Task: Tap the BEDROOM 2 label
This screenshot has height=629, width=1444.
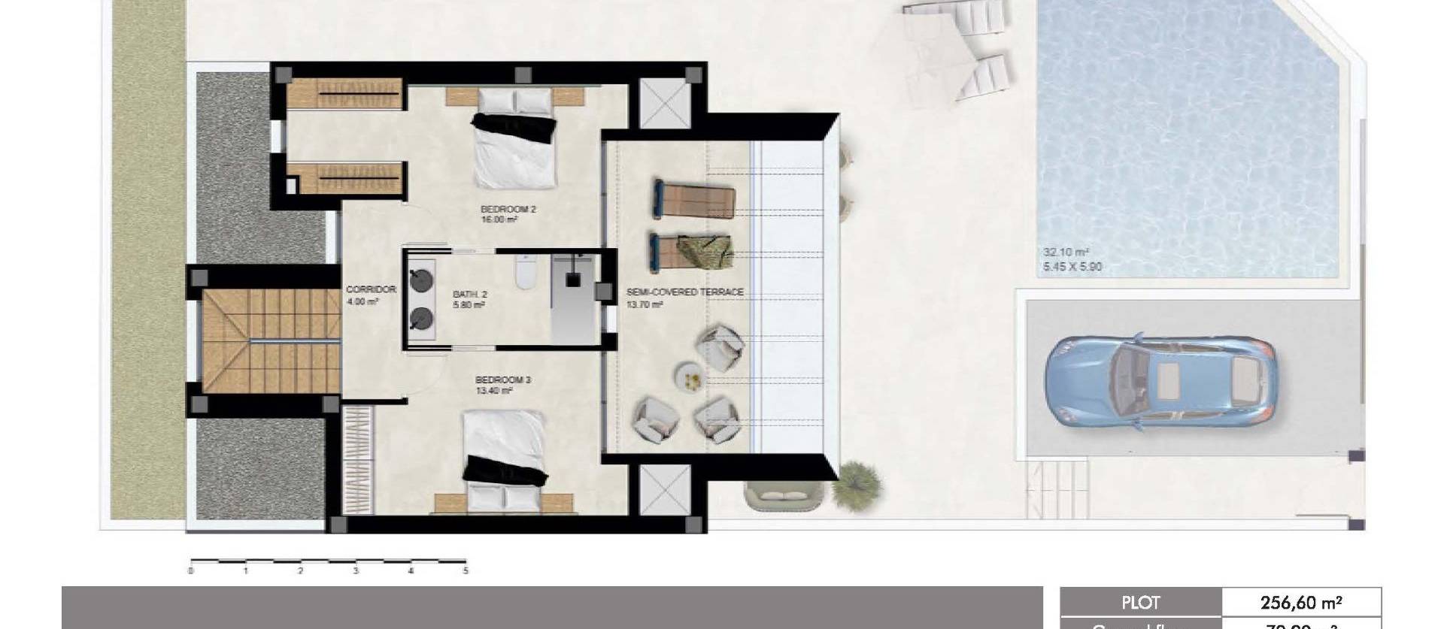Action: tap(508, 210)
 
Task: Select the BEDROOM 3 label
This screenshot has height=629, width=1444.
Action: tap(502, 380)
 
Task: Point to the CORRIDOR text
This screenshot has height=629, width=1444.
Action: tap(371, 289)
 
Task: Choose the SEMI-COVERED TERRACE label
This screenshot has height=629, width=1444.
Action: tap(684, 292)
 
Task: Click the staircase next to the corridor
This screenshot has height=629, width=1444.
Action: tap(271, 340)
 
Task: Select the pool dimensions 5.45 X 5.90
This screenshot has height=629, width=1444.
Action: tap(1072, 267)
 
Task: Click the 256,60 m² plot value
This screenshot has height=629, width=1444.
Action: tap(1301, 603)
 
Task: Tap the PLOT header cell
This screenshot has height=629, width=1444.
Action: tap(1140, 603)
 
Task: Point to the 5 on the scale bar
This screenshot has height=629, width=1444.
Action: tap(466, 571)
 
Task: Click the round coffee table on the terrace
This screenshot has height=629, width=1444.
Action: tap(690, 376)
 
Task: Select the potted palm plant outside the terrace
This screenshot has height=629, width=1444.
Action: tap(857, 480)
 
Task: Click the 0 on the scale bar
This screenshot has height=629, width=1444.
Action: tap(191, 571)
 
